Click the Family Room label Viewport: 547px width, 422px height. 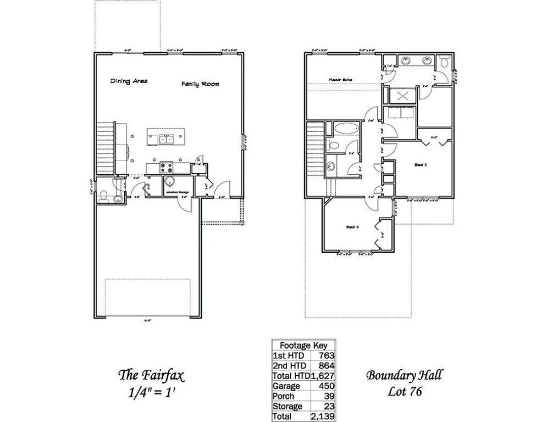(201, 84)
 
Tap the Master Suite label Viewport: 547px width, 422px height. (340, 80)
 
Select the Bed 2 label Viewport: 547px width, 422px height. (421, 164)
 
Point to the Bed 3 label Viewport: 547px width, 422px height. (352, 226)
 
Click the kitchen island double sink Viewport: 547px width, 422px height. (165, 140)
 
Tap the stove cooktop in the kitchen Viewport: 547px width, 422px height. (167, 166)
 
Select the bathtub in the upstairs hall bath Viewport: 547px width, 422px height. (345, 130)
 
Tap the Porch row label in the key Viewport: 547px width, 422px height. (284, 396)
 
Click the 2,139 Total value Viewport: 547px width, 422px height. (324, 417)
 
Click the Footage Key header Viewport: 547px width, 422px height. (303, 346)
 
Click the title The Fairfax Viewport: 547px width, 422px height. (151, 376)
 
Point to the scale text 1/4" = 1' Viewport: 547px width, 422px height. (151, 392)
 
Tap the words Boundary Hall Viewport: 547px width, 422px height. (404, 376)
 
